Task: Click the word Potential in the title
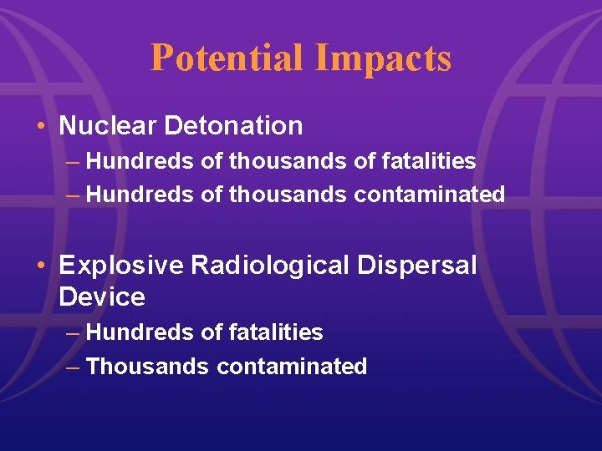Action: (227, 58)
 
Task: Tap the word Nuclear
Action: (108, 126)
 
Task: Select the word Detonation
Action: (233, 126)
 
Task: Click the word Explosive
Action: (121, 266)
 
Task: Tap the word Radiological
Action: (268, 266)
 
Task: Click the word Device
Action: (102, 296)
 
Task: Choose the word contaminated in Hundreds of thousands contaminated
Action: (430, 195)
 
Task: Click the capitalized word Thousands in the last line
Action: (148, 366)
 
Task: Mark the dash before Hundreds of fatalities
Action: (73, 332)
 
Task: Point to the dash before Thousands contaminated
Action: (73, 366)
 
